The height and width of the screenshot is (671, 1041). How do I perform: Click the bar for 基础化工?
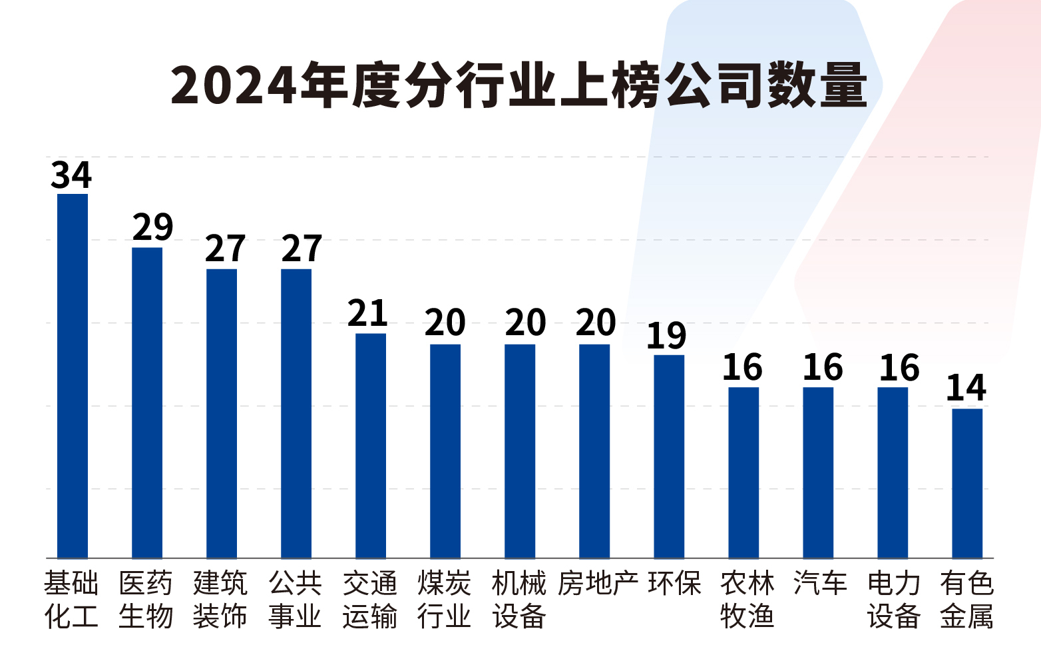click(73, 376)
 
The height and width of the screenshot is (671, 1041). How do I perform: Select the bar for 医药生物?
click(147, 402)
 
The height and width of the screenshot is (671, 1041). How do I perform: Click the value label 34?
click(71, 175)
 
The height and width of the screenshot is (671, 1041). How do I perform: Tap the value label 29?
click(152, 227)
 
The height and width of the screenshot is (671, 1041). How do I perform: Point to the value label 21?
click(367, 314)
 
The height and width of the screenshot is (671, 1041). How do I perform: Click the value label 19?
click(666, 336)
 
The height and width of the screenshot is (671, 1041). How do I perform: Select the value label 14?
click(966, 388)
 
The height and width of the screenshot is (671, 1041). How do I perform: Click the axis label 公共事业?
click(296, 600)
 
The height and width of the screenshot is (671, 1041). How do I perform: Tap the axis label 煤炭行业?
click(445, 600)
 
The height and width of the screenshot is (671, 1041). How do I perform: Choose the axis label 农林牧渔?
click(747, 600)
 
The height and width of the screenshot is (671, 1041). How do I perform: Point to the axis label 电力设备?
click(894, 600)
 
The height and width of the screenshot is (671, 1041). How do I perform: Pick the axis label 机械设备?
click(519, 600)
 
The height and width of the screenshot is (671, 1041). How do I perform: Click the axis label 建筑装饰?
click(220, 600)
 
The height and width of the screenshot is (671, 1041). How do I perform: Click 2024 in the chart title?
click(233, 86)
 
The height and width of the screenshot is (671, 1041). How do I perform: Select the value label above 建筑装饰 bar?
click(225, 249)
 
